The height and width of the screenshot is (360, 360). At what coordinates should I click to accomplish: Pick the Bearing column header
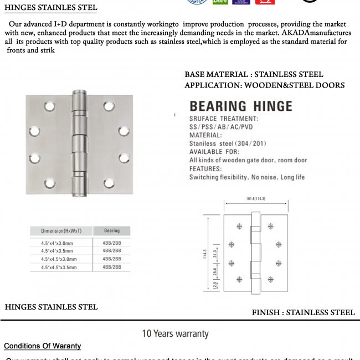point(111,230)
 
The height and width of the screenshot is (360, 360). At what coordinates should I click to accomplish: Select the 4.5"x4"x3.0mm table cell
point(57,243)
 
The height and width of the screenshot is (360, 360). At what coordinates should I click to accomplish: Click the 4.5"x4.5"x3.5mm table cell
point(59,268)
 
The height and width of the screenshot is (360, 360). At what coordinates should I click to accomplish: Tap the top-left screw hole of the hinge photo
point(49,105)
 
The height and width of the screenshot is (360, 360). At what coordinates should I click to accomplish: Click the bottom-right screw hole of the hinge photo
point(109,182)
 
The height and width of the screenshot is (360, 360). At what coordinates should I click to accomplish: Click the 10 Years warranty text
point(175,333)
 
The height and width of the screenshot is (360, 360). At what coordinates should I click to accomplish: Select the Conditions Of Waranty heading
point(43,346)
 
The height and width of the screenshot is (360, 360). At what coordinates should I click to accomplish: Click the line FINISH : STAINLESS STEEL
point(303,312)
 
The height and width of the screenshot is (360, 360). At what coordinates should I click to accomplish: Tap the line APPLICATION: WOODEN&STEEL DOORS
point(264,85)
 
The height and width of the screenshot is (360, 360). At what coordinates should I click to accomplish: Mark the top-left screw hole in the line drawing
point(239,226)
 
